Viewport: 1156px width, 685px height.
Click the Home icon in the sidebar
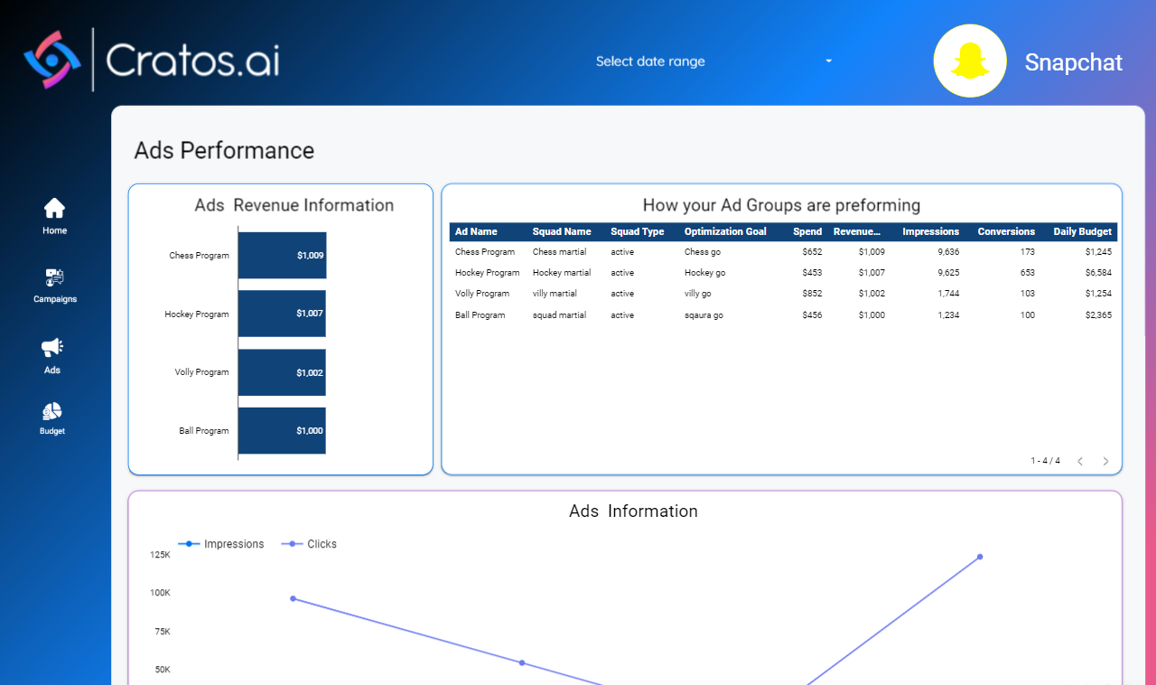[x=54, y=208]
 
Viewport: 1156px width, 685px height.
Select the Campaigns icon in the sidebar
[x=54, y=277]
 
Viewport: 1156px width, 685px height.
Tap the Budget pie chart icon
[x=52, y=412]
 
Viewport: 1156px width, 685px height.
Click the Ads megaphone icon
[x=52, y=348]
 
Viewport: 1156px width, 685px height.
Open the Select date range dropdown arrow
[x=828, y=61]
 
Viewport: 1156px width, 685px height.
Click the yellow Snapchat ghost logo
[x=970, y=61]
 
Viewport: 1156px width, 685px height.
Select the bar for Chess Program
[x=283, y=255]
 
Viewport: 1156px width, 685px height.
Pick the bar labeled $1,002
[x=282, y=372]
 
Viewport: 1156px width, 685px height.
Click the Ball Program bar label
[x=204, y=431]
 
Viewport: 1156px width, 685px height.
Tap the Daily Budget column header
[x=1082, y=231]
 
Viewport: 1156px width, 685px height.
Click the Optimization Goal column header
[x=725, y=231]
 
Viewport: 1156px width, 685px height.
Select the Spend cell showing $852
[x=812, y=294]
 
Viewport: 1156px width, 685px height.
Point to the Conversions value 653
[x=1027, y=272]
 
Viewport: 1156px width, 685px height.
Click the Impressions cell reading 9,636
[x=948, y=251]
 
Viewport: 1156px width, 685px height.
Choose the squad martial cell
[x=559, y=315]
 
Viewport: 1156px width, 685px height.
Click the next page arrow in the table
[x=1105, y=461]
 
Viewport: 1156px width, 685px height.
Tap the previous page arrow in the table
[x=1080, y=461]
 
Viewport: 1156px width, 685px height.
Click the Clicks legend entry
[x=309, y=544]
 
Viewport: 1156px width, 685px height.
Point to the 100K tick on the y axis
[x=160, y=593]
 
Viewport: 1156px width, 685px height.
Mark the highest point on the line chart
[x=980, y=557]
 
